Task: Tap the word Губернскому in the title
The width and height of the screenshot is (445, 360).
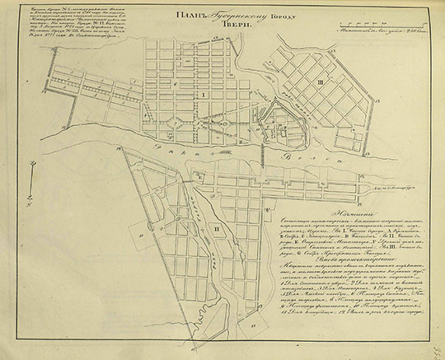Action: [219, 14]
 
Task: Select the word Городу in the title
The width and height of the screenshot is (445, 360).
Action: [267, 14]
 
